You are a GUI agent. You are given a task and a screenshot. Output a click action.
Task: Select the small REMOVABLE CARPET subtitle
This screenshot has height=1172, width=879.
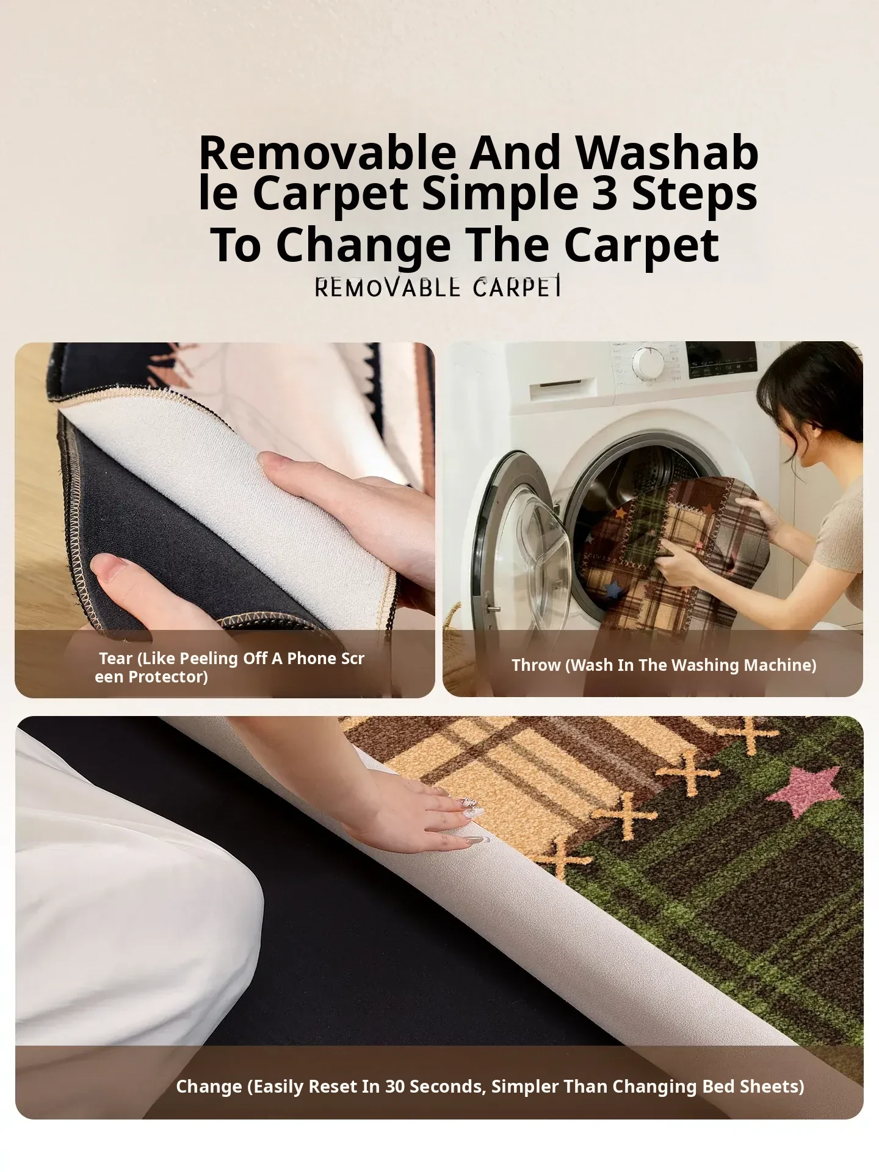[438, 287]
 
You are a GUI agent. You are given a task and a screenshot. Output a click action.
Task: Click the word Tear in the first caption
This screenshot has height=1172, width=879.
[116, 659]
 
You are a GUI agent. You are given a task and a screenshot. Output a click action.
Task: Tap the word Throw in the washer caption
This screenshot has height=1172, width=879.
[537, 665]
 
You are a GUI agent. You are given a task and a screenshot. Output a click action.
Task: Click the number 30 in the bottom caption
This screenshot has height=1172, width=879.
[395, 1087]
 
